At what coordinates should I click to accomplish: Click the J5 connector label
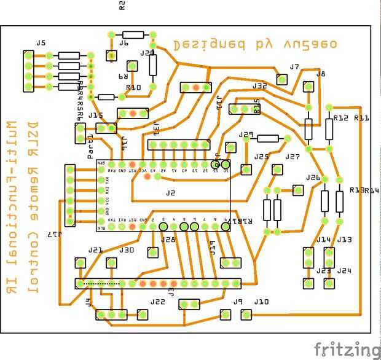tap(41, 43)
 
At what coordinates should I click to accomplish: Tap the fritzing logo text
tap(347, 349)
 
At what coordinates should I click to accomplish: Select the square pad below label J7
tap(282, 79)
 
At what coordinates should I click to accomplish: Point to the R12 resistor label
tap(341, 118)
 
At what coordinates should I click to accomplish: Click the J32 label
tap(260, 86)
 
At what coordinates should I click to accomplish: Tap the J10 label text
tap(261, 302)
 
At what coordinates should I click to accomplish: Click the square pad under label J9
tap(226, 314)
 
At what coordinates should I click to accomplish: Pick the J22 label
tap(158, 302)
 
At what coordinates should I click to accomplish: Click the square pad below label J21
tap(79, 263)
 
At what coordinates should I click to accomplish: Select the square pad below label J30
tap(112, 263)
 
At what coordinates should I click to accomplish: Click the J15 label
tap(95, 115)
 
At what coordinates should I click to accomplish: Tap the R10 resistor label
tap(133, 88)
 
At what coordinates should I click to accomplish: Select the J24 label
tap(344, 270)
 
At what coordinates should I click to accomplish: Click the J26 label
tap(313, 178)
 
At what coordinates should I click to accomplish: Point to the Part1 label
tap(90, 137)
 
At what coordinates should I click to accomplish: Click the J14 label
tap(324, 240)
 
